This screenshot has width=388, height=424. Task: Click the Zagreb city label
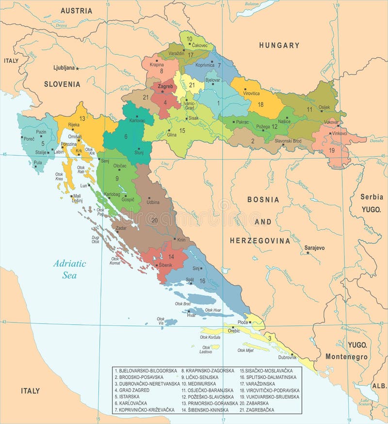[x=165, y=86]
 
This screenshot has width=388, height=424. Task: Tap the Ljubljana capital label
[x=64, y=68]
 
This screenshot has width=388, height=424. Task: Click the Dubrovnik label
[x=287, y=357]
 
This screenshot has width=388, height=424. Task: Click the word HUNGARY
[x=279, y=45]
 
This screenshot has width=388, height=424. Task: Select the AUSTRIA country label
[x=76, y=10]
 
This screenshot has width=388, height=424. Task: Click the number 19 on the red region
[x=332, y=151]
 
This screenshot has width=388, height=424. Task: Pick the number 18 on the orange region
[x=260, y=105]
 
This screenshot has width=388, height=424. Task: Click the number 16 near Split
[x=202, y=281]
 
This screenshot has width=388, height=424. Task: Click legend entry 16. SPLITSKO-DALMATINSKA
[x=275, y=377]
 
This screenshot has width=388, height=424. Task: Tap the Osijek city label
[x=323, y=107]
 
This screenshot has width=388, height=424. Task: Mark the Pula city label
[x=37, y=163]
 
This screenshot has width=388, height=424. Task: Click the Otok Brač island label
[x=183, y=303]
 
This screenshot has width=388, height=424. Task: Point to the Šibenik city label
[x=165, y=265]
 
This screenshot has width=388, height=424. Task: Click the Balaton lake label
[x=251, y=3]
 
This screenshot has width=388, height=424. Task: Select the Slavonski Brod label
[x=288, y=141]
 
